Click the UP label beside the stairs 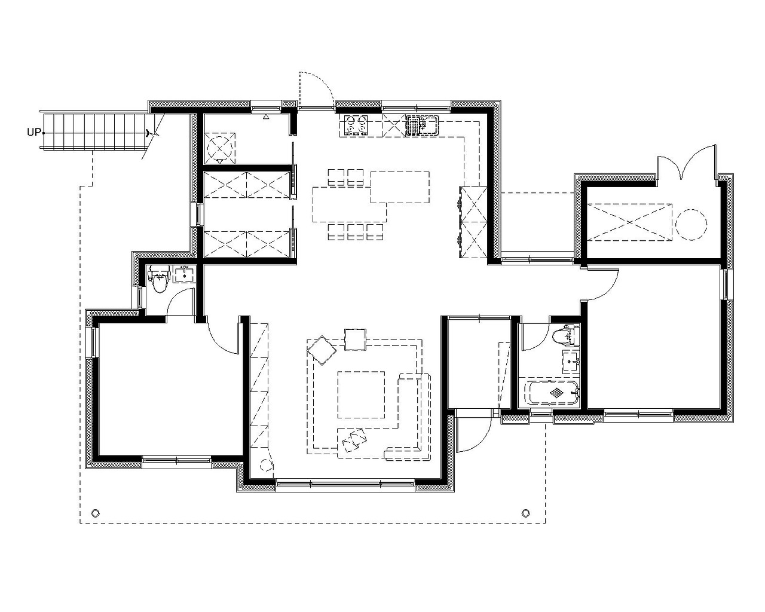tap(34, 132)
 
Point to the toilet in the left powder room tap(159, 279)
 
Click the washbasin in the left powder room tap(185, 274)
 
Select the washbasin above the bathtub tap(571, 362)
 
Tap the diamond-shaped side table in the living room tap(322, 350)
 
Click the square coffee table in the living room tap(361, 394)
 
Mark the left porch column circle tap(95, 513)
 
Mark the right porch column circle tap(525, 513)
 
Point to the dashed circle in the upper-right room tap(691, 224)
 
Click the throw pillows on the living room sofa tap(354, 440)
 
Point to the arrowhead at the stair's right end tap(147, 133)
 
